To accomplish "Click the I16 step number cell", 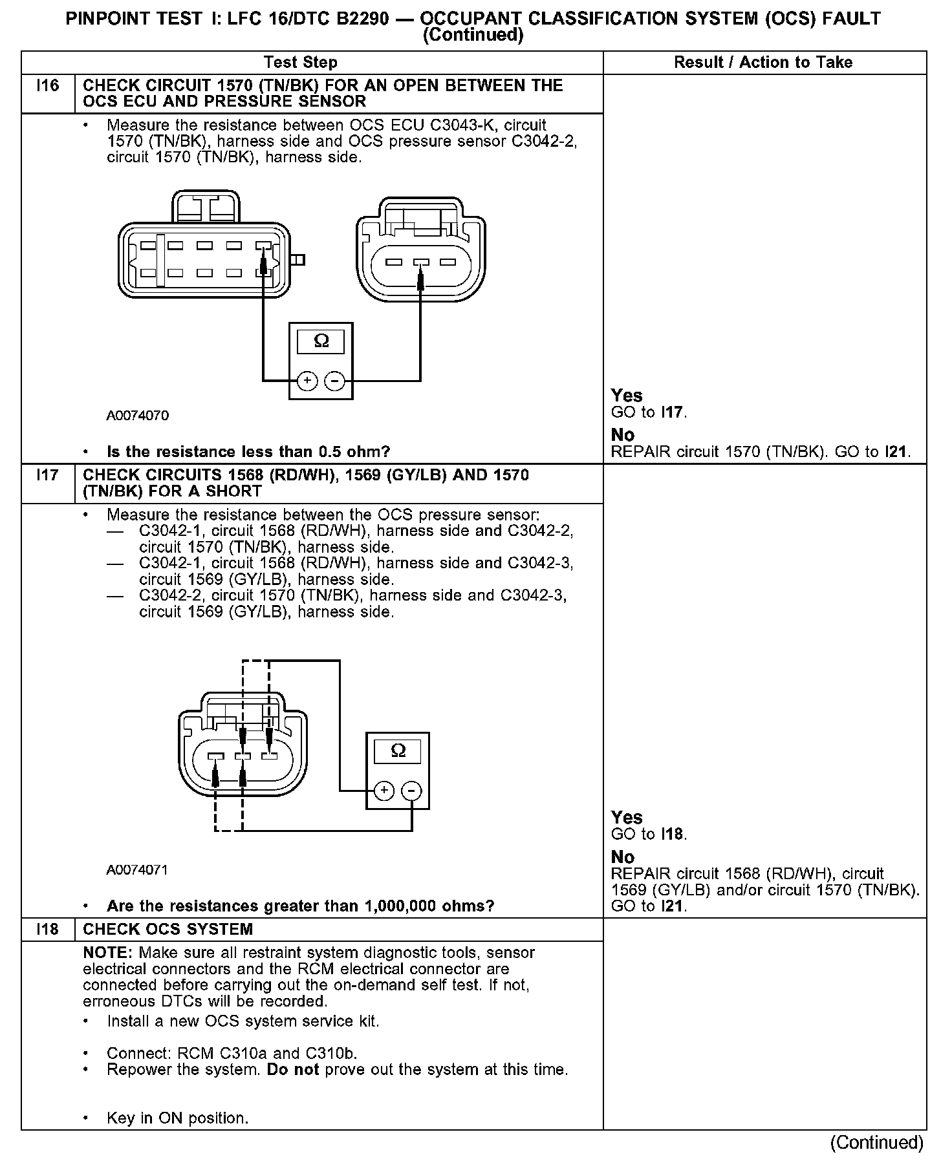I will pos(48,86).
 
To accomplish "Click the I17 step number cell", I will pos(48,476).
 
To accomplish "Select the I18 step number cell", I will pos(48,930).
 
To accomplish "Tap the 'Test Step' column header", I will pos(301,63).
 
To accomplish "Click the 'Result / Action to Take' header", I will pos(763,63).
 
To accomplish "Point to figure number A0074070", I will pos(138,416).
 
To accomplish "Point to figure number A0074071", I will pos(137,870).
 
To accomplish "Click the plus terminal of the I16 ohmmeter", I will pos(307,381).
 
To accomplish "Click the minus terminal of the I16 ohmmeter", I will pos(334,381).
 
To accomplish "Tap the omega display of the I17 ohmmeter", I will pos(398,751).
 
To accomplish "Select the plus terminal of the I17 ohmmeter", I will pos(385,791).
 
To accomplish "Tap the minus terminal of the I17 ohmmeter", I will pos(412,791).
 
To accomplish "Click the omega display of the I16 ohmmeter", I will pos(321,341).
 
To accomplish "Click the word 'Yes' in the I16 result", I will pos(627,396).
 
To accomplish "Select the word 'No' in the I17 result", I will pos(623,857).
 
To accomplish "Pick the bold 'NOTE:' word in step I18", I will pos(109,953).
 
